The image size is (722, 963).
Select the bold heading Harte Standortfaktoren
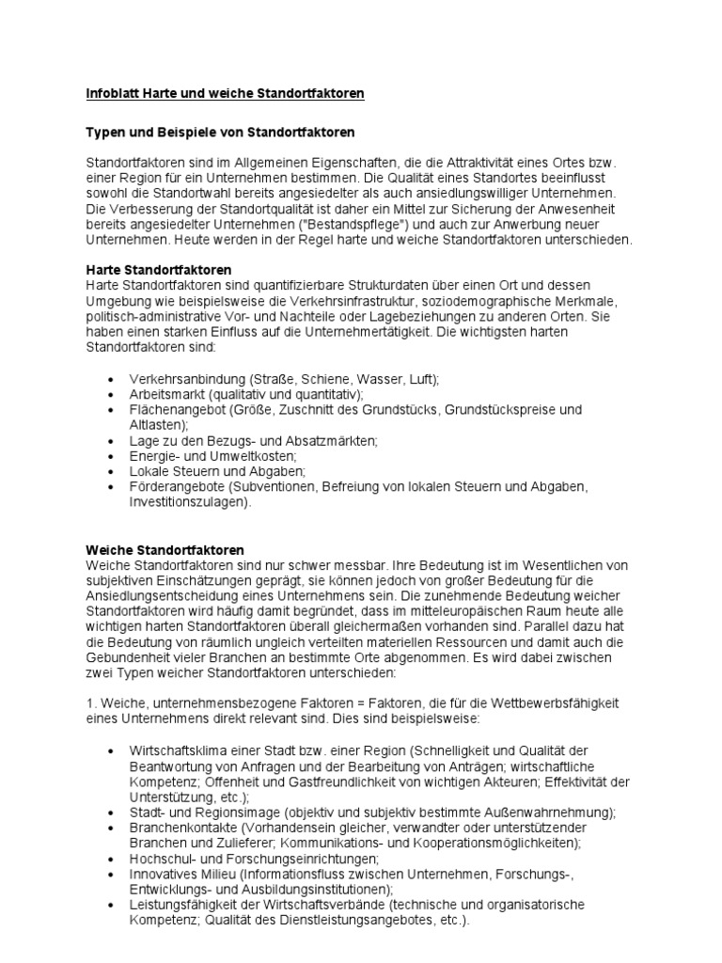coord(159,269)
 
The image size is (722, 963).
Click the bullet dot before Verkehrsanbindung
coord(112,379)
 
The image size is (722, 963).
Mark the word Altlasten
coord(157,425)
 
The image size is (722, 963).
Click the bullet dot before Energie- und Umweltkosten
coord(112,457)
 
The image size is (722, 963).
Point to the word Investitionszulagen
coord(188,503)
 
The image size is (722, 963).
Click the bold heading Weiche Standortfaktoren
coord(165,549)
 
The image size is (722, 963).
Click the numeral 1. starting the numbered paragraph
coord(90,704)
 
